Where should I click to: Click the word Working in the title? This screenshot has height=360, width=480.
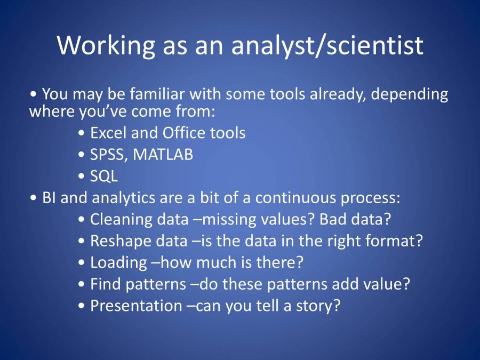[x=106, y=46]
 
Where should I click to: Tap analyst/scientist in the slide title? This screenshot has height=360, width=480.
[x=327, y=46]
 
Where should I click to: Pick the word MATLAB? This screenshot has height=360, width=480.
[x=163, y=154]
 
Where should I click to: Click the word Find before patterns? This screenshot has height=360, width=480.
[x=105, y=284]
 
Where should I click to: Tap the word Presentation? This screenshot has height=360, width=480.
[x=136, y=306]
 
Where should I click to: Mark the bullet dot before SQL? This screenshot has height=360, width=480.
[x=81, y=177]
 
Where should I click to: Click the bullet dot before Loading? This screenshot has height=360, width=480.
[x=81, y=263]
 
